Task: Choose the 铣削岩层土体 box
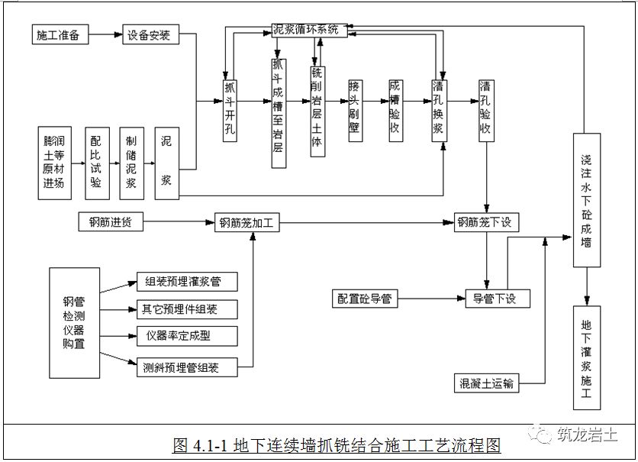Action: [317, 111]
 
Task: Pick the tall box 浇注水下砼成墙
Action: [585, 200]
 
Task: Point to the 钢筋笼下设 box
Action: [488, 223]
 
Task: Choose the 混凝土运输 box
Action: [486, 383]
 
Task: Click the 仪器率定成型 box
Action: [186, 336]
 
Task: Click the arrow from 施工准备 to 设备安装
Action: [106, 36]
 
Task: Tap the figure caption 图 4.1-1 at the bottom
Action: [336, 444]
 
